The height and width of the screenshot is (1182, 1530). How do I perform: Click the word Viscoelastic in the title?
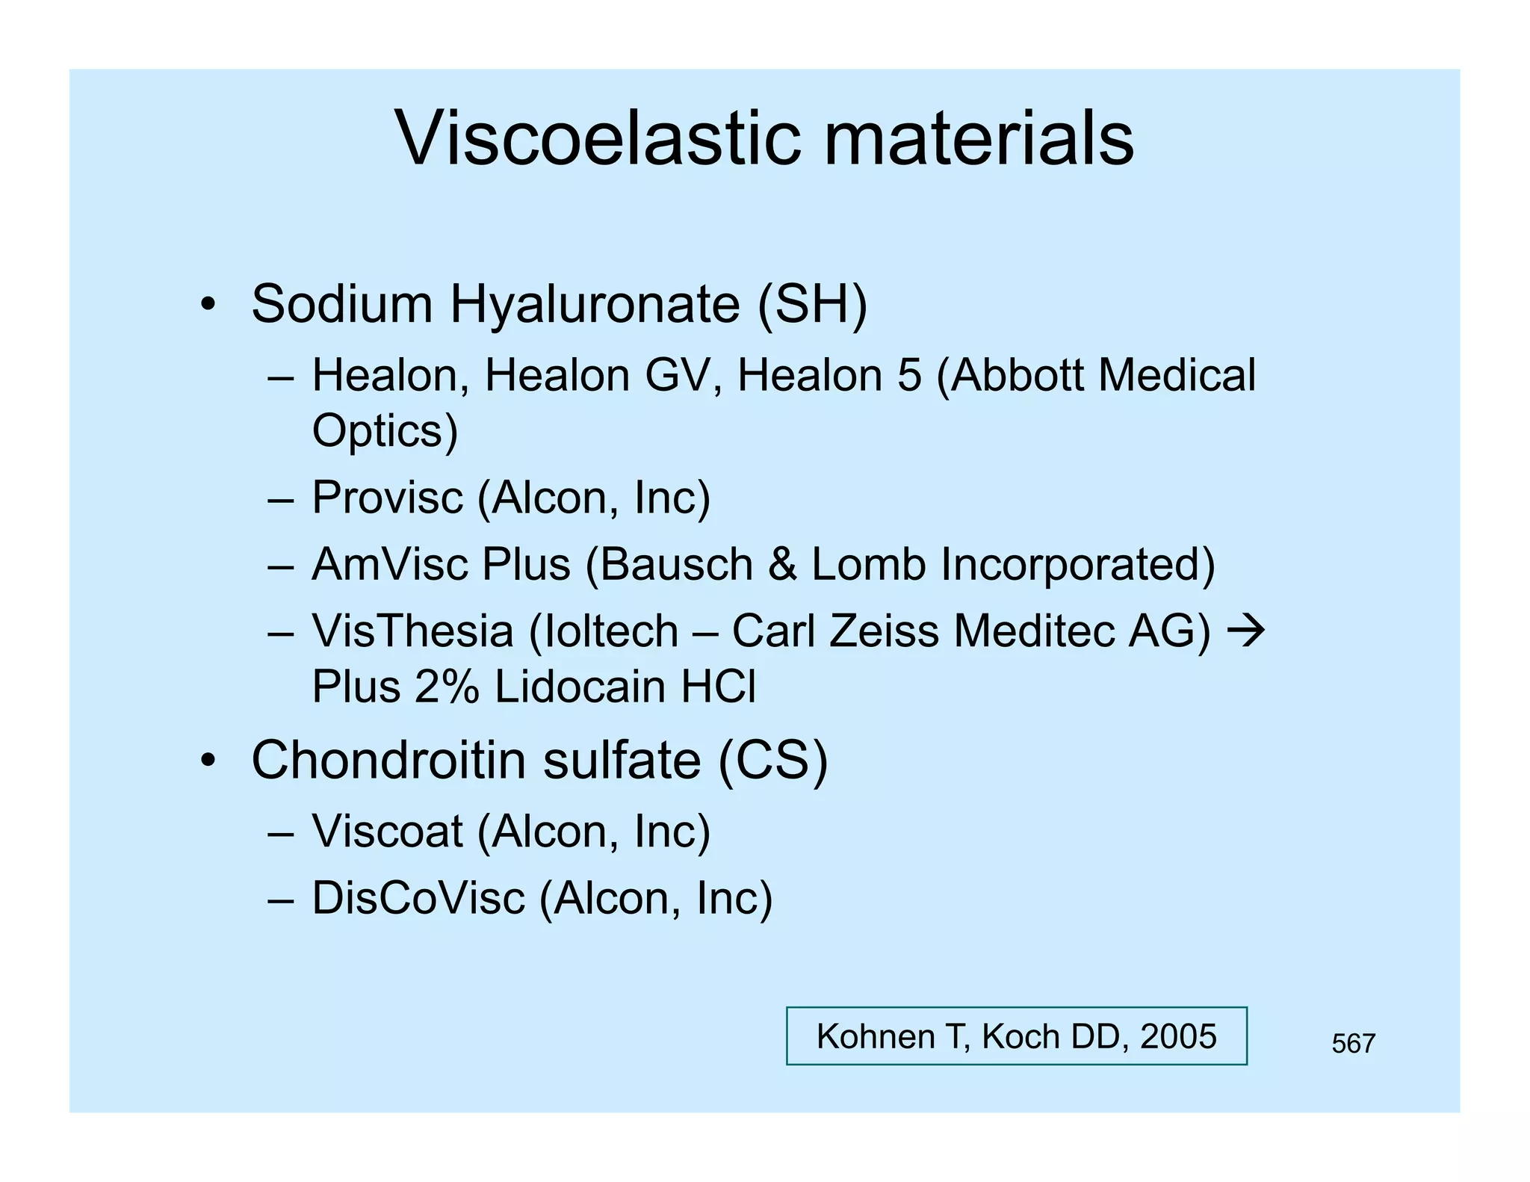(598, 139)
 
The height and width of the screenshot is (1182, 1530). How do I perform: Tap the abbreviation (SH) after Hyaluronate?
(812, 304)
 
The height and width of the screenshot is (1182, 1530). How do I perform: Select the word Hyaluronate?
(595, 306)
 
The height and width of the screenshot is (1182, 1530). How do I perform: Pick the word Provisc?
(387, 498)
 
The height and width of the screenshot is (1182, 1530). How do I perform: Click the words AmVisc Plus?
(441, 564)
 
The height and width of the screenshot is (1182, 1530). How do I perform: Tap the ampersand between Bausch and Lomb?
(782, 564)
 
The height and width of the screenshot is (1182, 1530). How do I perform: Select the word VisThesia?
(412, 631)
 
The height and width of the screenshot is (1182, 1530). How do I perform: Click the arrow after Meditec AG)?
(1246, 631)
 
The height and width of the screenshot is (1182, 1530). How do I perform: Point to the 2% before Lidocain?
(446, 687)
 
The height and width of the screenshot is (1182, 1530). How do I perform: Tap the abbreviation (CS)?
(772, 761)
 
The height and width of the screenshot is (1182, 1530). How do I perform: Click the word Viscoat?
(387, 831)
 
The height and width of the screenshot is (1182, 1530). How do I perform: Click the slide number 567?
(1353, 1044)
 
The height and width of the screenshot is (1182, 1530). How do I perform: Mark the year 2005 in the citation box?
(1178, 1037)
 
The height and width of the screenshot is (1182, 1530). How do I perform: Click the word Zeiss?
(884, 631)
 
